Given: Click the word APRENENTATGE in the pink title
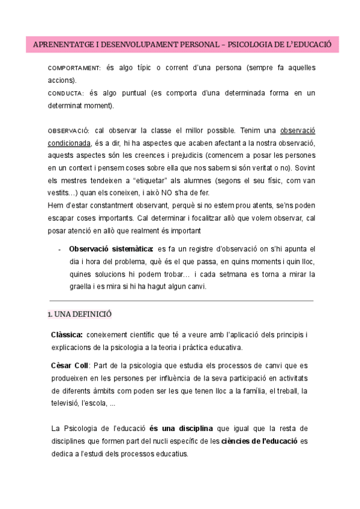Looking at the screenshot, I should click(x=59, y=46).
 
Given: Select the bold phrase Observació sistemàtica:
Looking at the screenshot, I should click(x=111, y=248).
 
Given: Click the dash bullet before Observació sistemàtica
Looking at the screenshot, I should click(x=58, y=249).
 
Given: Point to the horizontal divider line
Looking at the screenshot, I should click(x=180, y=300).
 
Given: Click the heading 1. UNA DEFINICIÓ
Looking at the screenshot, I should click(x=79, y=315).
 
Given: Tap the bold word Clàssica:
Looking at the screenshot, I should click(x=67, y=335).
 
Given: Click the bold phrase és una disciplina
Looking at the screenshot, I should click(x=181, y=428).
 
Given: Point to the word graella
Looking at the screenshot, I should click(x=82, y=286).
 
